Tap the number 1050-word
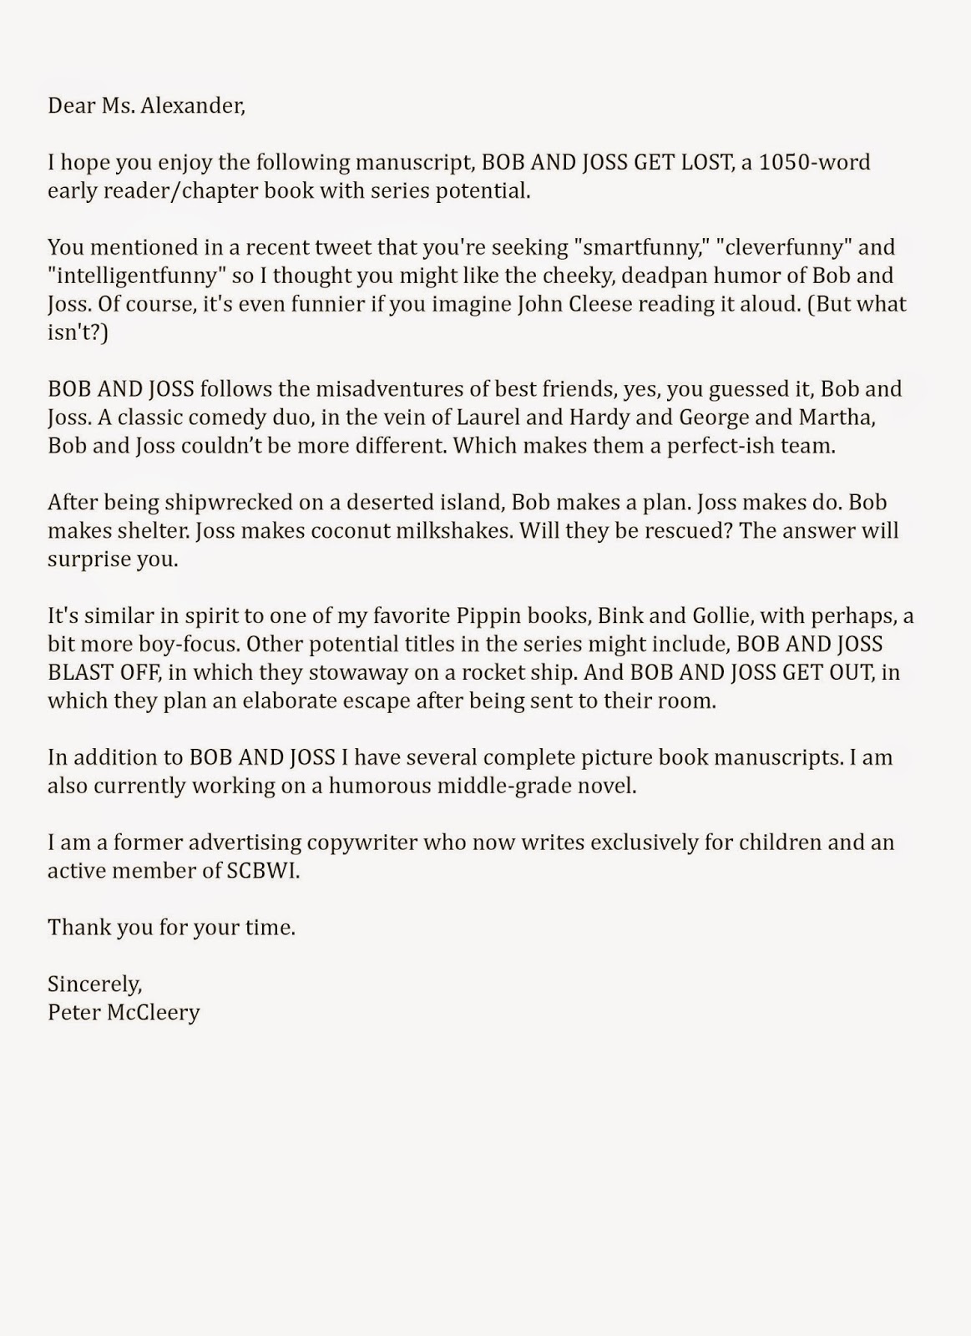point(815,162)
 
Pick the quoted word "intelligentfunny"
point(137,276)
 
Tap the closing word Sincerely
point(94,984)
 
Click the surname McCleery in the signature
point(155,1012)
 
